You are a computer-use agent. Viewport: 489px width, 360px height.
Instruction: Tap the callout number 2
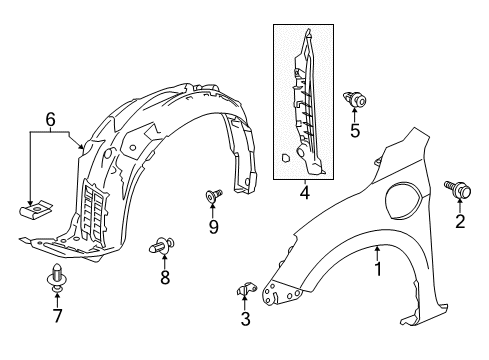pos(461,222)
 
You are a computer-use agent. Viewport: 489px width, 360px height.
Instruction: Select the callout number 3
pos(245,320)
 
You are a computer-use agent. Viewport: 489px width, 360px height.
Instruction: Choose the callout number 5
pos(355,129)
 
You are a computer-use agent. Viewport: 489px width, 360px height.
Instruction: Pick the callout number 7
pos(57,317)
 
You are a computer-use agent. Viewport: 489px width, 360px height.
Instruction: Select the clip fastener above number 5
pos(354,98)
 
